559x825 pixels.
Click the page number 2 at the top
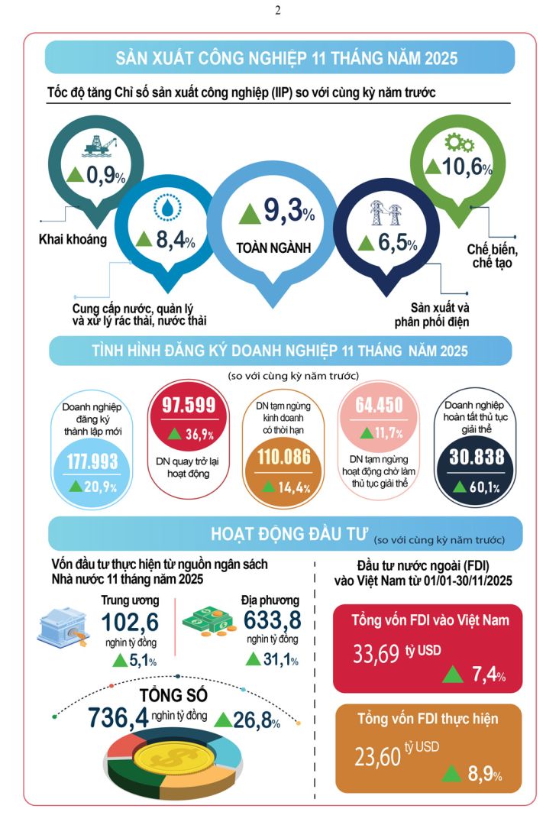tap(278, 10)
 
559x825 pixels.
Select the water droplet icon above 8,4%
tap(165, 207)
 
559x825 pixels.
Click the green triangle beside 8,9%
tap(453, 772)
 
